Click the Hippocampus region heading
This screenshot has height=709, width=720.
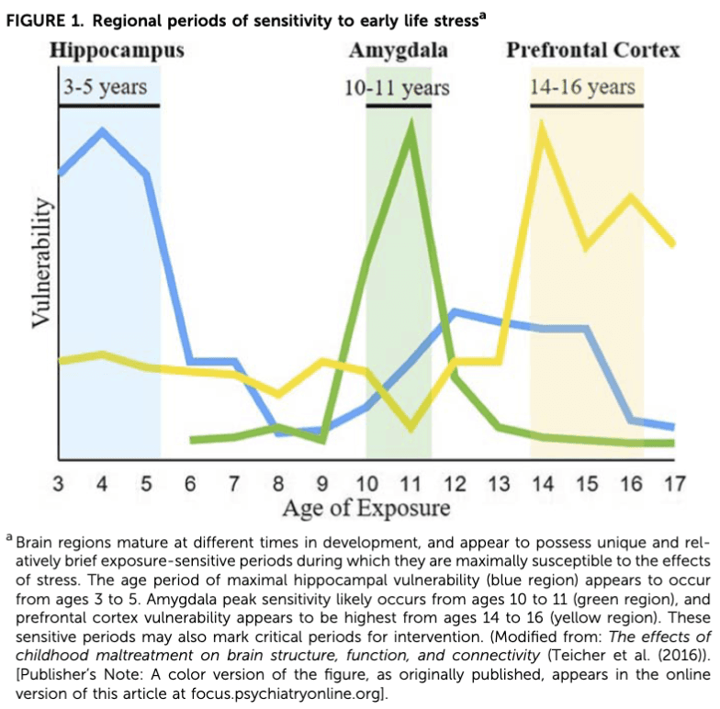click(x=117, y=50)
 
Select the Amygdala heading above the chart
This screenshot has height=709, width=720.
click(x=399, y=50)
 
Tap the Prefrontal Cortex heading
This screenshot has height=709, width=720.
click(x=593, y=50)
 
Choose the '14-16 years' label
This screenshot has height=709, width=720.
click(x=582, y=87)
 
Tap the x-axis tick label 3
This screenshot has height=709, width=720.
click(x=59, y=483)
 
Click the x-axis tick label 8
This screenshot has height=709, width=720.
click(x=278, y=483)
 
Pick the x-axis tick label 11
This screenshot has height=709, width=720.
click(x=411, y=483)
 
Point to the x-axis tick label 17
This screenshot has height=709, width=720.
click(x=675, y=483)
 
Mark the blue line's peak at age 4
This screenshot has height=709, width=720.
click(x=102, y=130)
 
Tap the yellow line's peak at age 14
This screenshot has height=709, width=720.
click(x=542, y=128)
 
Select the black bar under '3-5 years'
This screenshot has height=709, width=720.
click(x=108, y=106)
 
